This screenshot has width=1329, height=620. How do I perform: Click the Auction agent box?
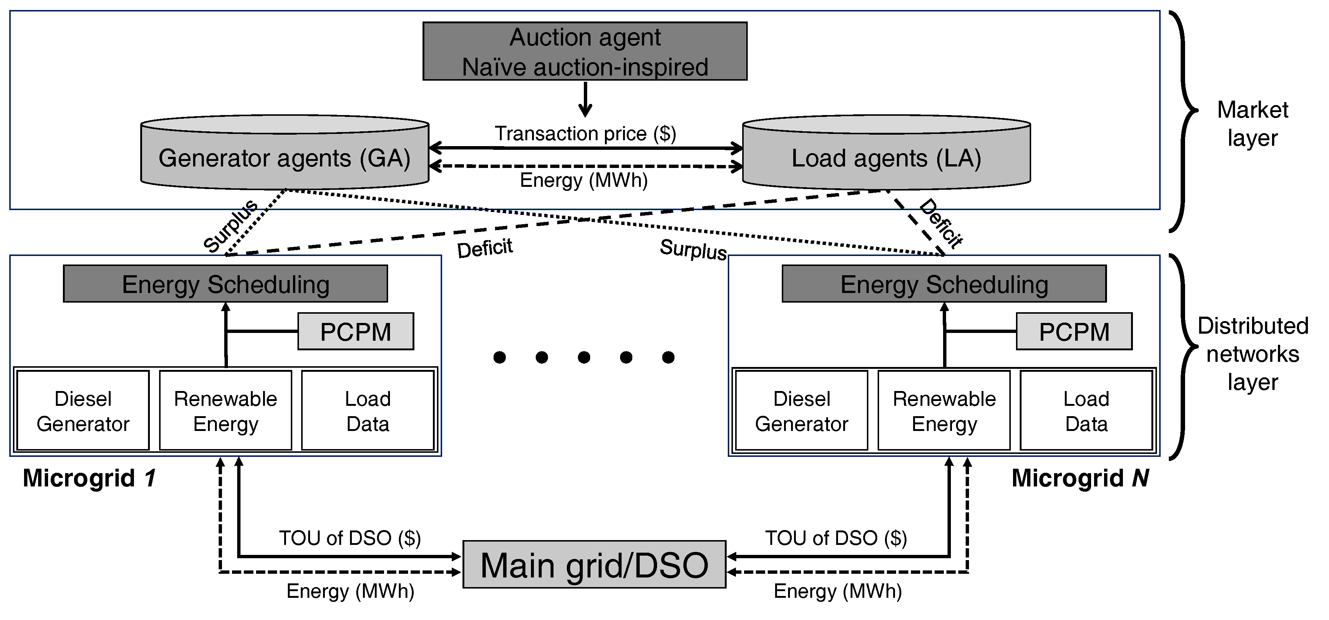(x=585, y=51)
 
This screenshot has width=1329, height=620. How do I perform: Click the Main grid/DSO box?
(x=594, y=564)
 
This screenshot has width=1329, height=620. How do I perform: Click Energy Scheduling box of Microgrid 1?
(x=225, y=284)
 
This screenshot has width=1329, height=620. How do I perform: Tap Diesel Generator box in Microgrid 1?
(x=83, y=411)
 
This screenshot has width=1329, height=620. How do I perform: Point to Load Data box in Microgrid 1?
(x=367, y=411)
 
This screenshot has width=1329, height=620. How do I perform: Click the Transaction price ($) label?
(x=585, y=134)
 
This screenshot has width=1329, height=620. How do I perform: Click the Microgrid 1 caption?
(x=89, y=478)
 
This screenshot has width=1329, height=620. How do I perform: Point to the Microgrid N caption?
(x=1080, y=478)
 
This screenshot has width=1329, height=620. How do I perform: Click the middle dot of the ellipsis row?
(x=583, y=357)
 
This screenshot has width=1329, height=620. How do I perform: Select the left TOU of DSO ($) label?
(x=350, y=538)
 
